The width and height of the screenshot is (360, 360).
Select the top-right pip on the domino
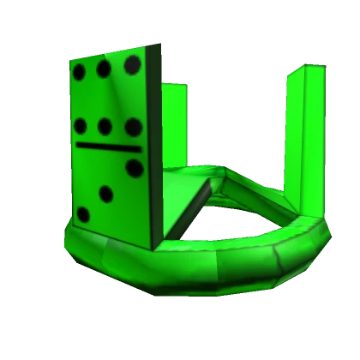[132, 63]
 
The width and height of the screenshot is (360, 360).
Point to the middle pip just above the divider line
[105, 127]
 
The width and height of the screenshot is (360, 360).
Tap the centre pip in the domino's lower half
[106, 194]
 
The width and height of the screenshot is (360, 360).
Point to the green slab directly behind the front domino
[173, 129]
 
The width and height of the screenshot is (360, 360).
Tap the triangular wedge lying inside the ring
[193, 201]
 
